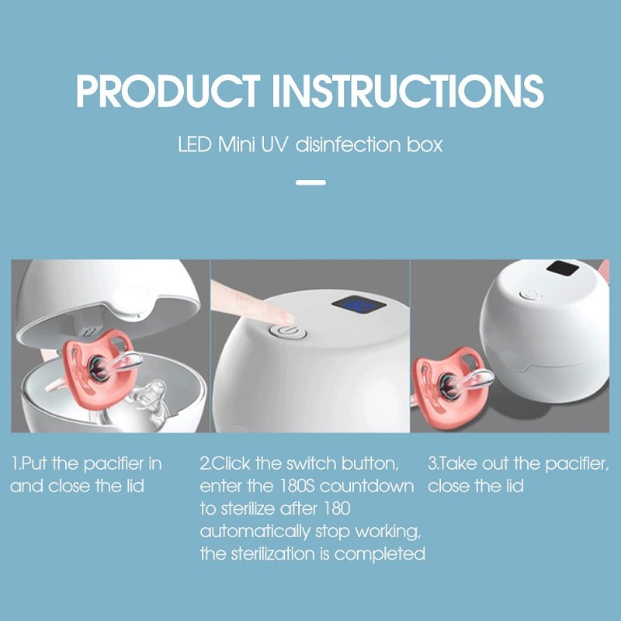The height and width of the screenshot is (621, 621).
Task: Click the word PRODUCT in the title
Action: point(168,91)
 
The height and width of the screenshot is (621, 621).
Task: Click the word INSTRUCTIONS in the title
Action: point(408,91)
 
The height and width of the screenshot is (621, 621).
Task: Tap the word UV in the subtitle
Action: point(273,144)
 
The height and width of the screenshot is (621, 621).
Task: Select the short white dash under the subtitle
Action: point(311,182)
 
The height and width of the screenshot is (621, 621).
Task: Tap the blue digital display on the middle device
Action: point(359,304)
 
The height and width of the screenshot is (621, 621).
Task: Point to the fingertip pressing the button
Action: point(283,316)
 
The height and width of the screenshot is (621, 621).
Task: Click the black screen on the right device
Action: point(566,270)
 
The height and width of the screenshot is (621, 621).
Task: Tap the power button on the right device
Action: point(530,295)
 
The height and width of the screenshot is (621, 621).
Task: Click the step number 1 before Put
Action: point(15,463)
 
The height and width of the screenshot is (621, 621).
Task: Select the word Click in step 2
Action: point(231,463)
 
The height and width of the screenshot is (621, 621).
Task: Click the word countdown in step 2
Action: point(366,486)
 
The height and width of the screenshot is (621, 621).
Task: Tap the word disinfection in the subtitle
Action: point(348,144)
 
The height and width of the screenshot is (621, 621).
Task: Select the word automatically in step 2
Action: point(255,532)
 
